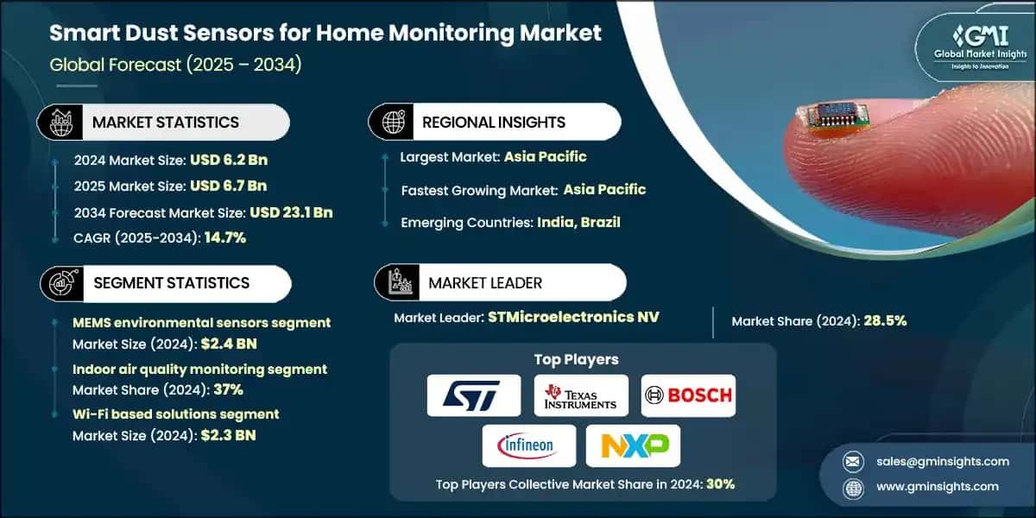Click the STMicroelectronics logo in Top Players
[x=474, y=395]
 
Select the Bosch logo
[x=688, y=395]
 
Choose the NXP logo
[x=633, y=445]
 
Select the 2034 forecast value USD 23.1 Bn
[x=291, y=212]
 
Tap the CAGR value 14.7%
[x=225, y=237]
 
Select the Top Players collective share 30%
[x=719, y=484]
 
